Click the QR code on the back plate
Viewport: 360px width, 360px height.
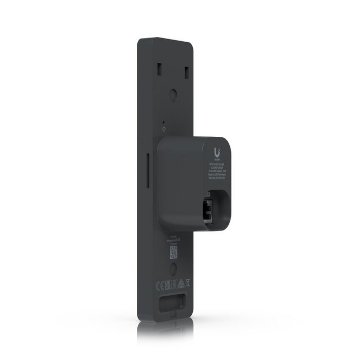pos(174,252)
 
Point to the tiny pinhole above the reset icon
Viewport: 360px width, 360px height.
pos(164,122)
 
